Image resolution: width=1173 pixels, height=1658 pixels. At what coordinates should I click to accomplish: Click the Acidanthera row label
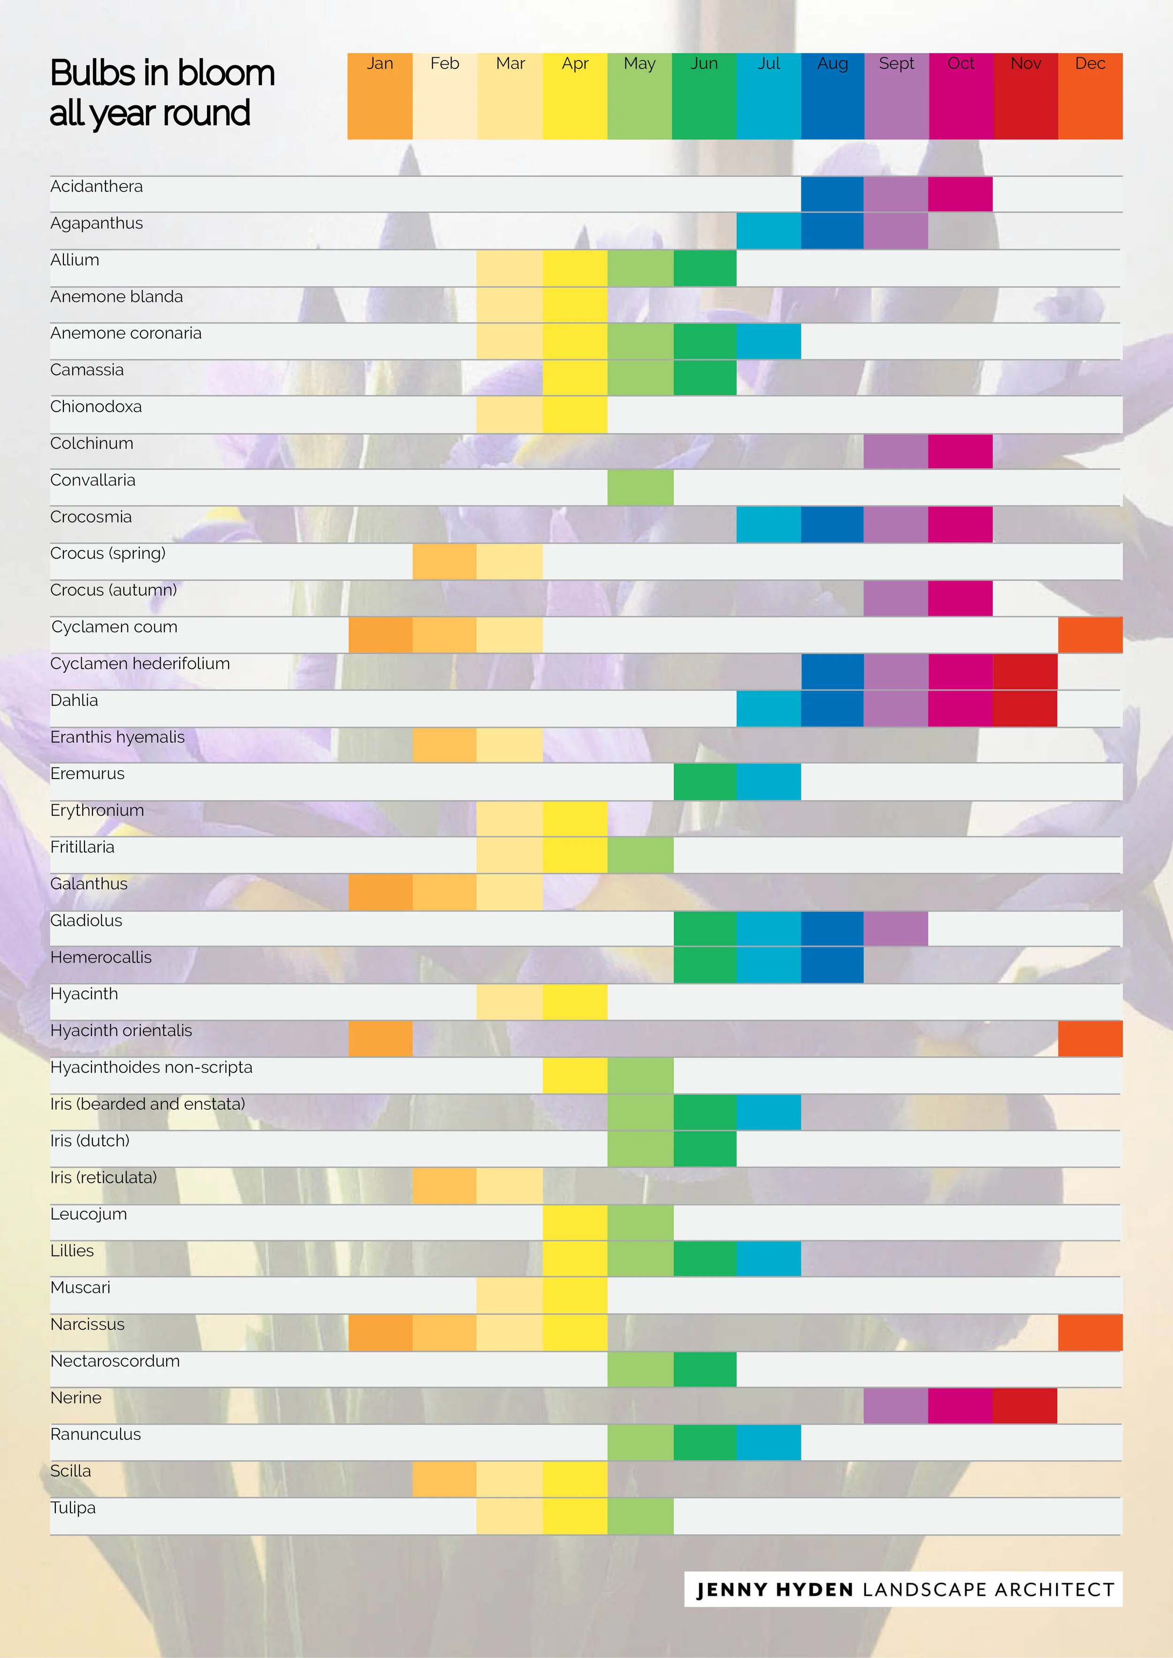[97, 186]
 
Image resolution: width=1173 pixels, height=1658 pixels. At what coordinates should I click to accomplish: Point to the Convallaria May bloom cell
[640, 487]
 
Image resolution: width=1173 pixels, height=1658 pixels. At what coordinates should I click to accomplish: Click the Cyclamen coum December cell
[1090, 635]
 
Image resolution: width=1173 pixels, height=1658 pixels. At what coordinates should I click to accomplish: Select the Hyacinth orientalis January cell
[381, 1038]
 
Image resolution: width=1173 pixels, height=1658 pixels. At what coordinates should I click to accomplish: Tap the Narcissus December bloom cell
[1090, 1332]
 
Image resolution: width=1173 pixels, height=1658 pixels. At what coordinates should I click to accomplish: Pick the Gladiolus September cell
[896, 929]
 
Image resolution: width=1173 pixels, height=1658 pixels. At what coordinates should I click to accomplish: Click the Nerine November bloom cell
[1025, 1406]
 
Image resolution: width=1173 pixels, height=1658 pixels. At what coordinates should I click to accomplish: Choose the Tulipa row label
[73, 1508]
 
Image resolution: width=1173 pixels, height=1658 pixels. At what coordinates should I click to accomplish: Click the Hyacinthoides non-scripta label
[152, 1067]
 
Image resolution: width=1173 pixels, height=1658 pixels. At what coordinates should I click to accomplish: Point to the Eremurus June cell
[705, 781]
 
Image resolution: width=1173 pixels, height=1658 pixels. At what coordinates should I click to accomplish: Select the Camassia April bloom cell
[575, 378]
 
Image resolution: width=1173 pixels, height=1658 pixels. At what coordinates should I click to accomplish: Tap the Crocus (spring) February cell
[444, 561]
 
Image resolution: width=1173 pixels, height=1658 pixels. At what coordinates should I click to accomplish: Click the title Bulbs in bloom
[162, 73]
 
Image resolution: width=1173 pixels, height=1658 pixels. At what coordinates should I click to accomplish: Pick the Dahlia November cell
[1025, 708]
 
